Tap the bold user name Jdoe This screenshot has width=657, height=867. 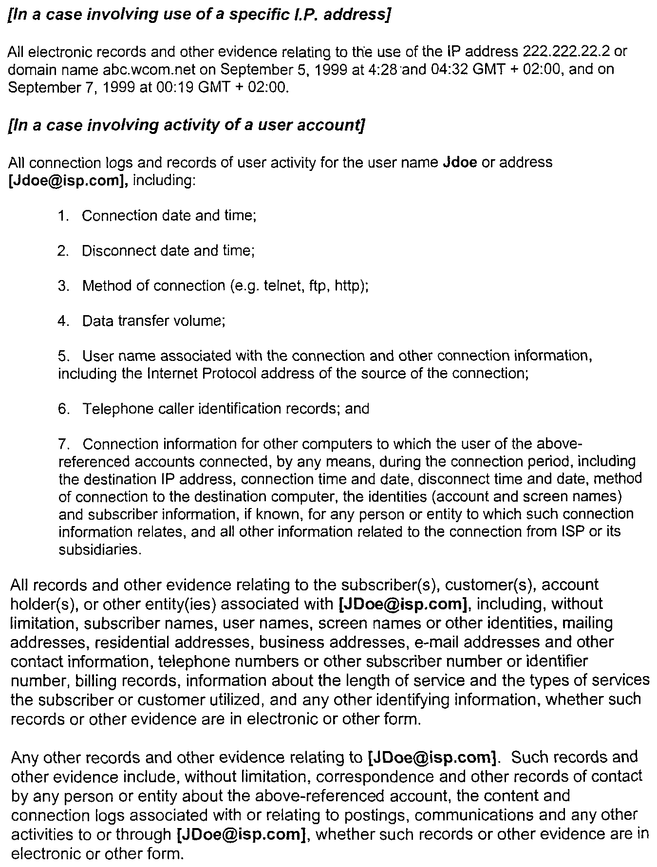tap(460, 162)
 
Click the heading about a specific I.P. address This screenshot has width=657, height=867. tap(200, 15)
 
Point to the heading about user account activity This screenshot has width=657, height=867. tap(187, 126)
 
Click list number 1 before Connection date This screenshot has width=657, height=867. tap(63, 216)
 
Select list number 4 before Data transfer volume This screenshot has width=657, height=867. tap(63, 321)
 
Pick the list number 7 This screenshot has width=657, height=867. tap(63, 444)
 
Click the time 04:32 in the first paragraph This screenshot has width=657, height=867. tap(451, 70)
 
